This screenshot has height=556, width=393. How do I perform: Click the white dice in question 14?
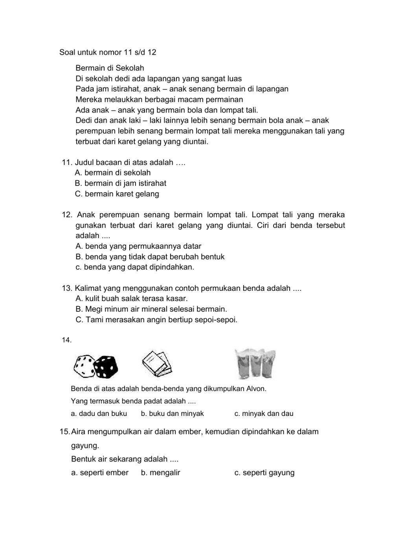tap(84, 366)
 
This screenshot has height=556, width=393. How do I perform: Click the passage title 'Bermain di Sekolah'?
tap(110, 68)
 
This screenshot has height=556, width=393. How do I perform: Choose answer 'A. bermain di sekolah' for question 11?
tap(113, 173)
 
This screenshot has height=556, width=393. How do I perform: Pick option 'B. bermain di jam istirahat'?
tap(121, 183)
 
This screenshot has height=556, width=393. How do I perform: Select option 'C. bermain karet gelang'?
tap(117, 194)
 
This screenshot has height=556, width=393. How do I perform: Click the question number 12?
tap(67, 215)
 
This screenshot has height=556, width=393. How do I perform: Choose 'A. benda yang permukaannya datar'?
tap(138, 246)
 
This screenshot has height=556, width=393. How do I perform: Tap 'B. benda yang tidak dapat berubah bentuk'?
tap(150, 257)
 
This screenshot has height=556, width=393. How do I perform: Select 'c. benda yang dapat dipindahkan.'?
tap(135, 267)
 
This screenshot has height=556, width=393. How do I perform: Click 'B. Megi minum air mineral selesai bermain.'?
tap(151, 309)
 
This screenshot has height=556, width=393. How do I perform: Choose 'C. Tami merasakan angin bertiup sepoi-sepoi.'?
tap(156, 320)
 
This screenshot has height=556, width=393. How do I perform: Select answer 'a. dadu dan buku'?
tap(99, 414)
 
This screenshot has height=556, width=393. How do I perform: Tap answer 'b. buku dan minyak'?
tap(173, 414)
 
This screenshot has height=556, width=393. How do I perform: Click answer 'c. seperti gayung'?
tap(264, 473)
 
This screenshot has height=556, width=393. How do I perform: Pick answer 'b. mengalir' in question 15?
tap(161, 473)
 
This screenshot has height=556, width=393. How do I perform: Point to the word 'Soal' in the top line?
tap(67, 52)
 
